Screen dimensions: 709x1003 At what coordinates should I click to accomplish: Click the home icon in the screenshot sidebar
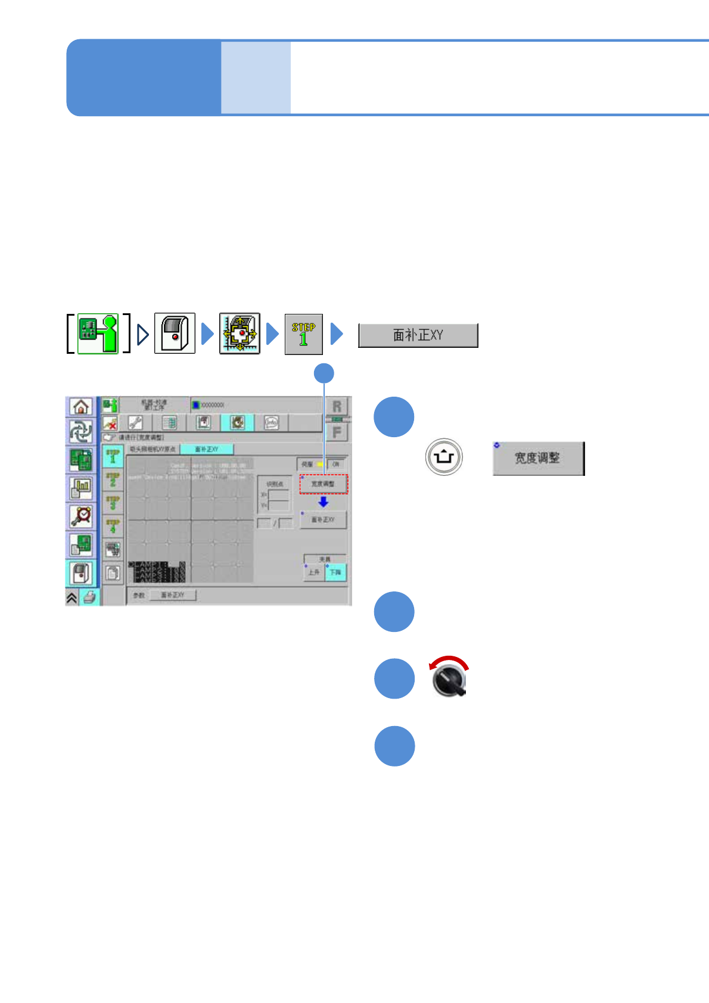point(80,406)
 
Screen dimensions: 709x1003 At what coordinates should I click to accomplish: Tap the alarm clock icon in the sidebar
point(80,516)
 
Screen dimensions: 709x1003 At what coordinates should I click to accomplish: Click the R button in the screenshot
point(337,407)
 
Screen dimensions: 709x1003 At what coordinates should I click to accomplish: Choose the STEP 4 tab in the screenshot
point(113,526)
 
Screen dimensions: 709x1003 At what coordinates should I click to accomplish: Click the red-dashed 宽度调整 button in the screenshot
point(323,484)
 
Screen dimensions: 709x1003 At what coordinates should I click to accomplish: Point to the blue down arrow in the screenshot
point(323,502)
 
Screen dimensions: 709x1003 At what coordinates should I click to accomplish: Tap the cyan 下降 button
point(335,572)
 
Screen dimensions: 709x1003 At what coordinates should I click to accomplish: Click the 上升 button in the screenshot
point(314,572)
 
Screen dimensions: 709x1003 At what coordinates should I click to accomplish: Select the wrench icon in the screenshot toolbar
point(136,423)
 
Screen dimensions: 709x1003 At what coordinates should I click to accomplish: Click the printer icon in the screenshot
point(90,597)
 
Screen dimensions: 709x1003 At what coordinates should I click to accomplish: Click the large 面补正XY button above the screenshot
point(418,335)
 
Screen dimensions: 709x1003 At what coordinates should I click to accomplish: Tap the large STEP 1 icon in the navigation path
point(303,334)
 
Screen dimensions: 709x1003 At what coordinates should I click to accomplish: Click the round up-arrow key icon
point(444,457)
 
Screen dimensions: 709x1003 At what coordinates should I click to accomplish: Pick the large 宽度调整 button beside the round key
point(538,459)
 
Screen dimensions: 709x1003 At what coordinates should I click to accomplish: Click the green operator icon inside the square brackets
point(98,334)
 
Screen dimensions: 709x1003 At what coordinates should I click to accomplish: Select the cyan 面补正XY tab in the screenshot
point(206,449)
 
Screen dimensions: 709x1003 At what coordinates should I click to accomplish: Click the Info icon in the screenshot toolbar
point(272,423)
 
